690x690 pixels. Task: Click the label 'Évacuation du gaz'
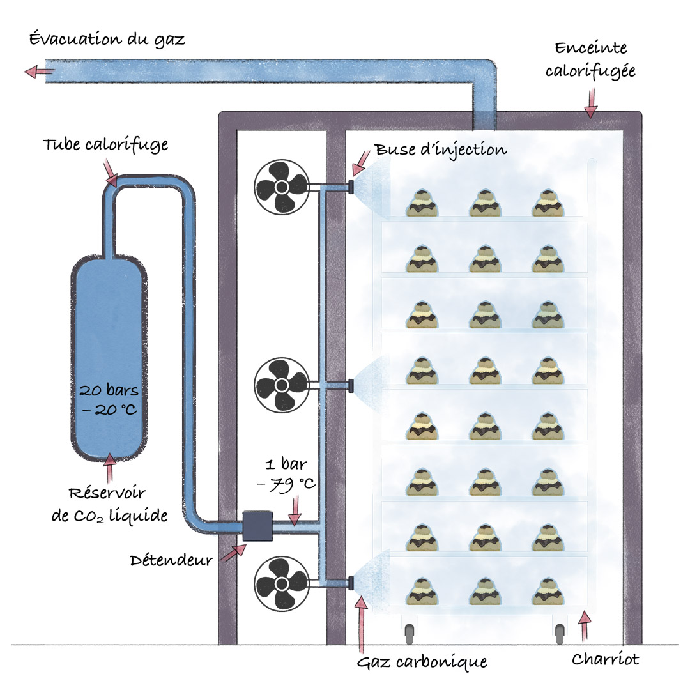pyautogui.click(x=107, y=39)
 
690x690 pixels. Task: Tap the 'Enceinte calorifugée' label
pyautogui.click(x=590, y=60)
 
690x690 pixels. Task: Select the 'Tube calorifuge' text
pyautogui.click(x=105, y=145)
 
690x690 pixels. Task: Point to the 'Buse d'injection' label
pyautogui.click(x=441, y=150)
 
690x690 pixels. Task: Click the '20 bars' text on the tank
pyautogui.click(x=109, y=390)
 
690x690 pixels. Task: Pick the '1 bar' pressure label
pyautogui.click(x=286, y=464)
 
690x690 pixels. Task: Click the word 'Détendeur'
pyautogui.click(x=171, y=560)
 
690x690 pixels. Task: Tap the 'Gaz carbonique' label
pyautogui.click(x=422, y=662)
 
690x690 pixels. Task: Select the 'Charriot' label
pyautogui.click(x=605, y=659)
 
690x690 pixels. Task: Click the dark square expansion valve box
pyautogui.click(x=257, y=526)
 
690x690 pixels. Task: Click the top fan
pyautogui.click(x=282, y=187)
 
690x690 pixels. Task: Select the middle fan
pyautogui.click(x=282, y=385)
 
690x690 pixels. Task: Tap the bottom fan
pyautogui.click(x=282, y=584)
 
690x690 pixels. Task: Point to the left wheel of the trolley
pyautogui.click(x=410, y=634)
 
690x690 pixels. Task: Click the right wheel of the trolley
pyautogui.click(x=560, y=634)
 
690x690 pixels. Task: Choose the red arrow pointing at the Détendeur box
pyautogui.click(x=234, y=553)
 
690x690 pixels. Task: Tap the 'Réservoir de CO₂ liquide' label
pyautogui.click(x=110, y=504)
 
